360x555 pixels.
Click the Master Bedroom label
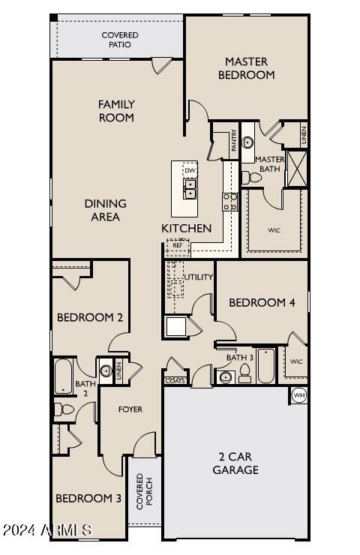point(246,67)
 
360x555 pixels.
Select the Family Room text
point(116,111)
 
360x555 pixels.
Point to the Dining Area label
point(105,210)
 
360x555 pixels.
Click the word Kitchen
point(186,228)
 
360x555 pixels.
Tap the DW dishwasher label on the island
point(189,170)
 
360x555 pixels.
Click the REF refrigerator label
point(178,245)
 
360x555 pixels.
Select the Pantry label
point(234,140)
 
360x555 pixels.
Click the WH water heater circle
point(298,395)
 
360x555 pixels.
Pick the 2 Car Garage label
point(238,463)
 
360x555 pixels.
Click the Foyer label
point(131,409)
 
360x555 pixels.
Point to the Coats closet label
point(175,381)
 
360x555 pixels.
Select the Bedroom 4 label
point(256,302)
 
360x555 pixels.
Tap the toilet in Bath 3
point(244,376)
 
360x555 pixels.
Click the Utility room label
point(199,277)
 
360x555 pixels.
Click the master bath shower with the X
point(297,168)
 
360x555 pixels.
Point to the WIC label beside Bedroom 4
point(296,362)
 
